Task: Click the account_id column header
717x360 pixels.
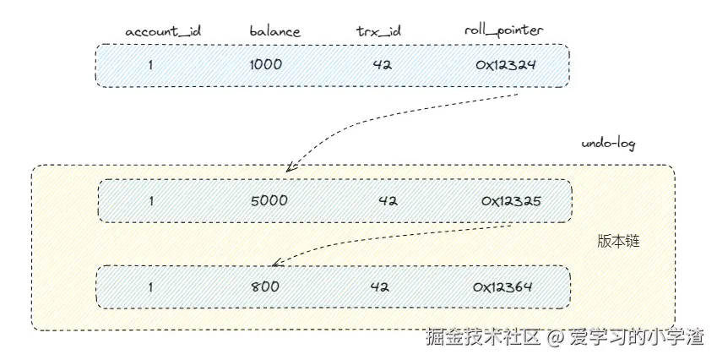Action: tap(163, 31)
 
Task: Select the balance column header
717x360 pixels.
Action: tap(274, 31)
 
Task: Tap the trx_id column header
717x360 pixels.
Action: tap(378, 31)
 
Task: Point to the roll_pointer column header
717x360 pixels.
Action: tap(503, 30)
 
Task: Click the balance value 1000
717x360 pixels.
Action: tap(266, 64)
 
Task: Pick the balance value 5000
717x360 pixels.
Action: tap(269, 201)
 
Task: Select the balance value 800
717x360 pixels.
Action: tap(265, 286)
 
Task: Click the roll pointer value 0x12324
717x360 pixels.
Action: tap(504, 64)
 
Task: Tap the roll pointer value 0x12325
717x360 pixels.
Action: tap(511, 201)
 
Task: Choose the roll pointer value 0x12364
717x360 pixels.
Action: tap(503, 286)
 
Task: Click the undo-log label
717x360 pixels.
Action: tap(608, 144)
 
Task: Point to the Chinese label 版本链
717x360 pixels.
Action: tap(617, 241)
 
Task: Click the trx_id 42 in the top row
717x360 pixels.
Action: tap(382, 64)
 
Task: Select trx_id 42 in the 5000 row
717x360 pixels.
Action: tap(388, 201)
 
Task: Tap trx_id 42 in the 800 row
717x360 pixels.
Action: tap(379, 286)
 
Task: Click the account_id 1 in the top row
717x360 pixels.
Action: tap(151, 64)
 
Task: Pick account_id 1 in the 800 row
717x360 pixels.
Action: tap(151, 286)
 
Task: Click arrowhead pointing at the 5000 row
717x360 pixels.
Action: tap(289, 169)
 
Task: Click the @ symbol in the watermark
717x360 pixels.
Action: tap(554, 339)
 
